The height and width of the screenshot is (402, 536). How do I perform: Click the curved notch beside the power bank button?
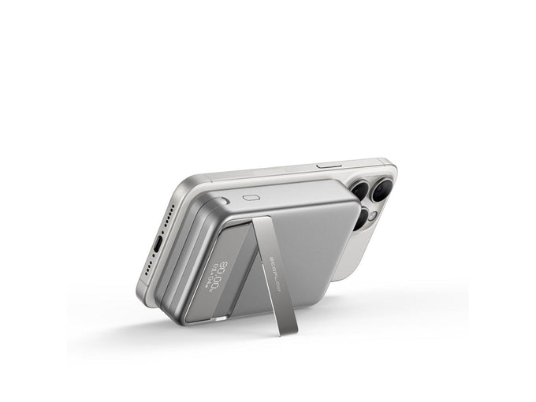(226, 201)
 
